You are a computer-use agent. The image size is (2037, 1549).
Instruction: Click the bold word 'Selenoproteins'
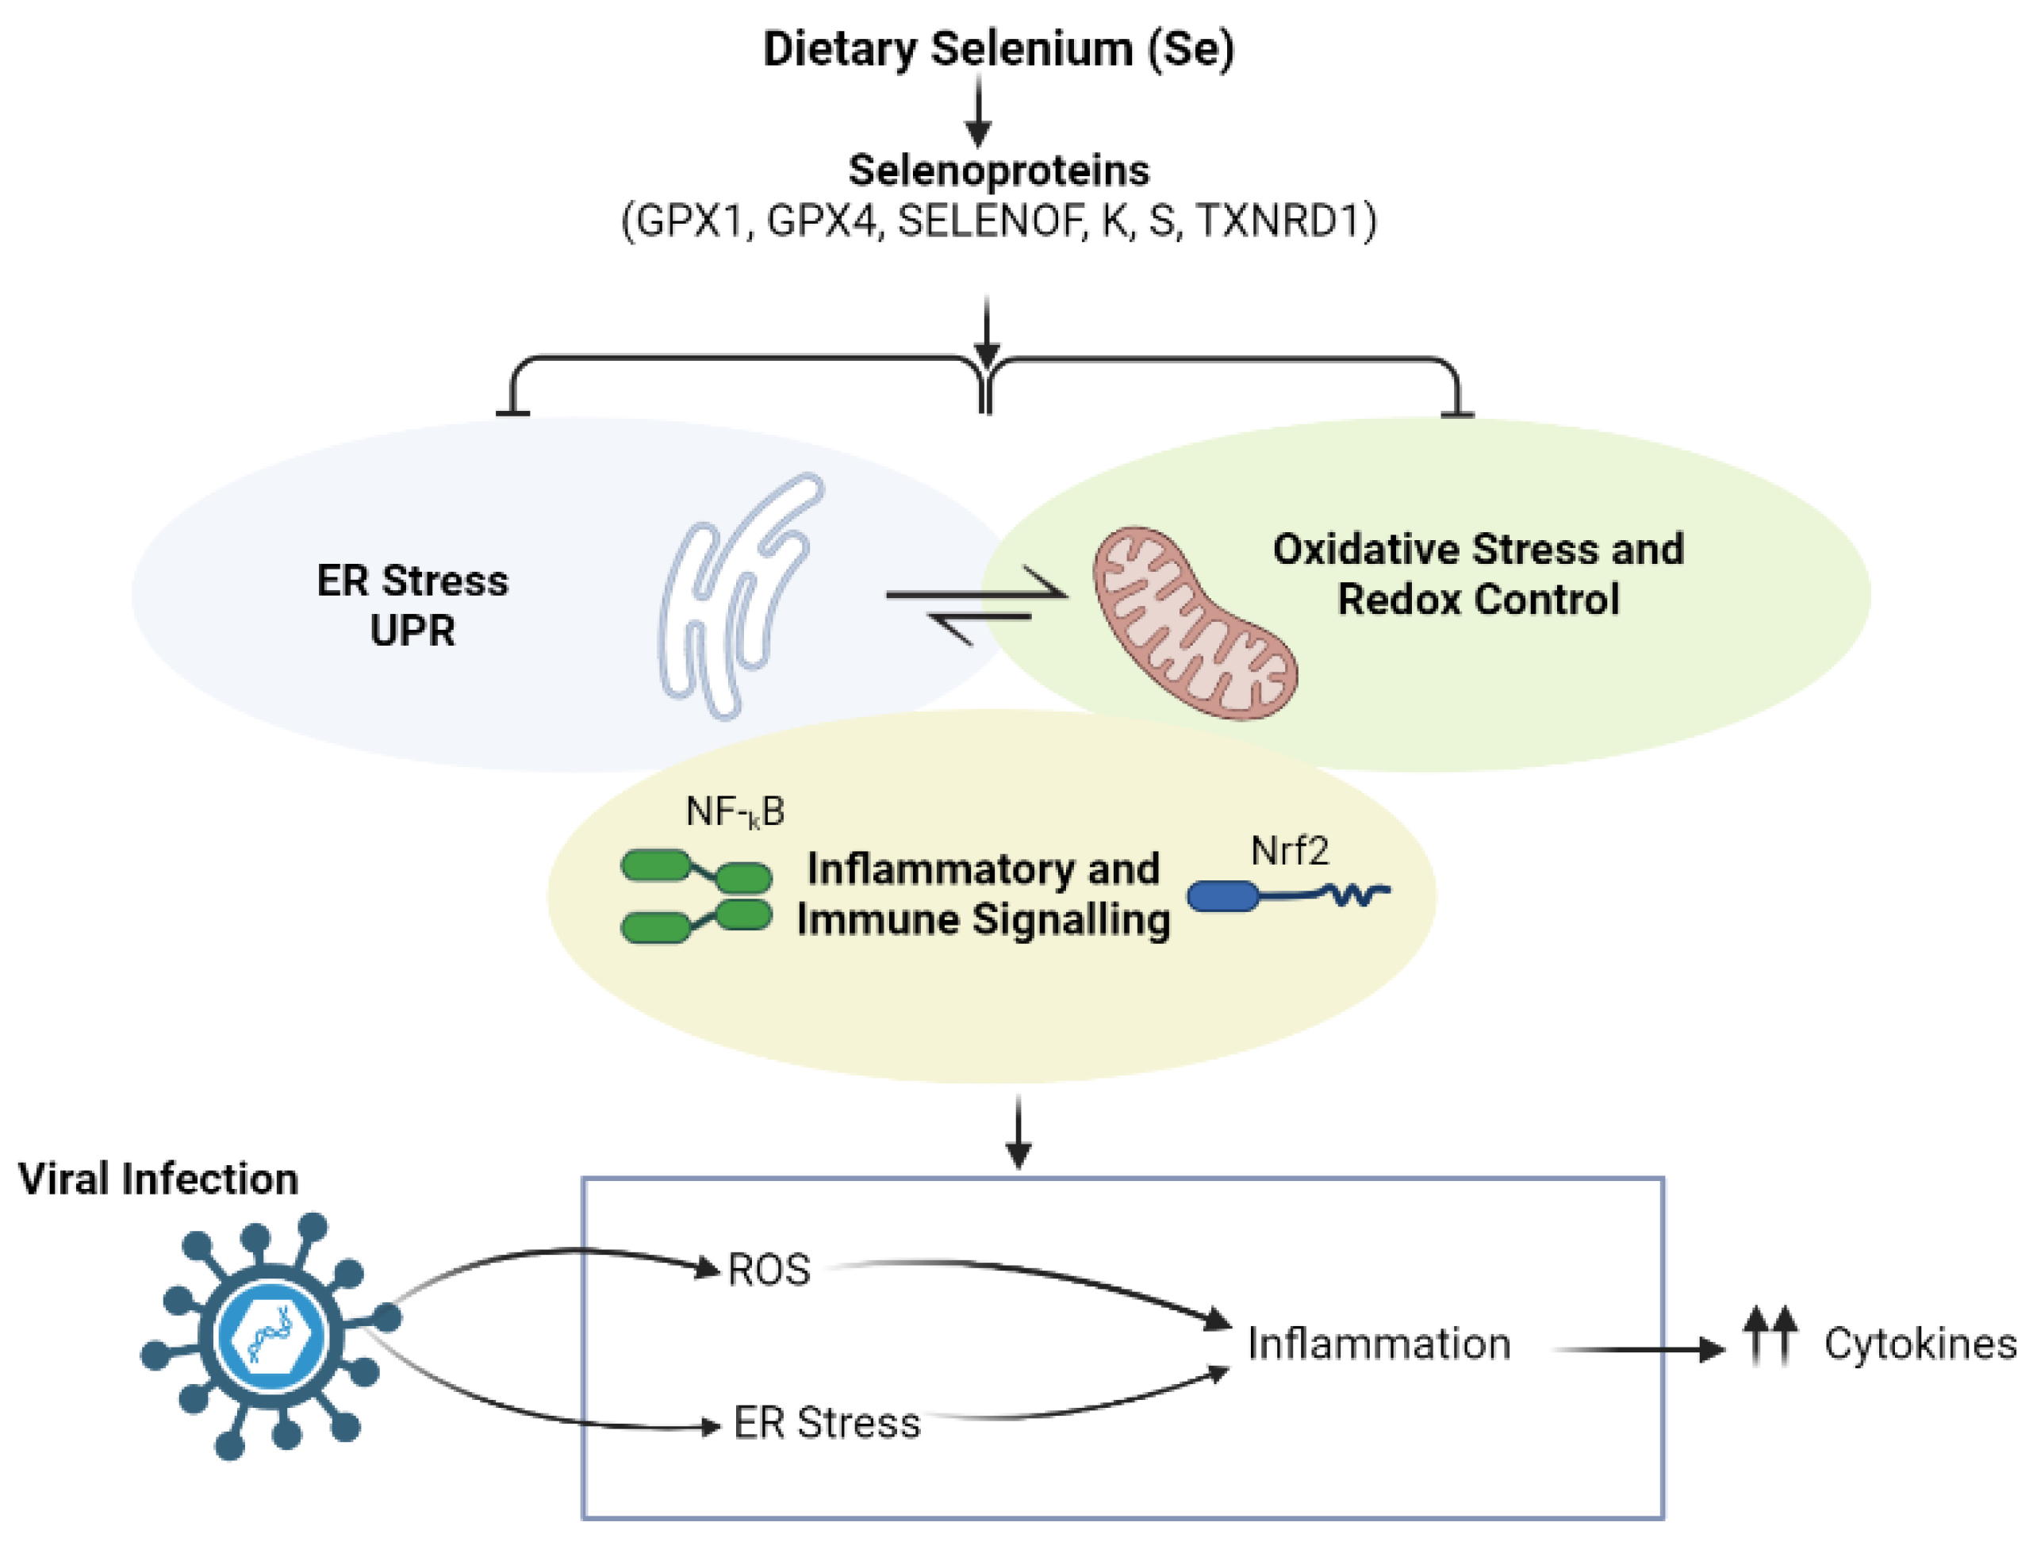pyautogui.click(x=998, y=171)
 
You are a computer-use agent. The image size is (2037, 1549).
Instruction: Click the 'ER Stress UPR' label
pyautogui.click(x=412, y=606)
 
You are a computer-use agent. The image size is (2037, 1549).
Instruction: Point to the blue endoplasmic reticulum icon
pyautogui.click(x=738, y=595)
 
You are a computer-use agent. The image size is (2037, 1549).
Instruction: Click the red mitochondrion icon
pyautogui.click(x=1195, y=623)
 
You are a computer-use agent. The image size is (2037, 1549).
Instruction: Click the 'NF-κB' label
pyautogui.click(x=735, y=811)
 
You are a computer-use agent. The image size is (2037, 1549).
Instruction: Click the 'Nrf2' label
pyautogui.click(x=1288, y=851)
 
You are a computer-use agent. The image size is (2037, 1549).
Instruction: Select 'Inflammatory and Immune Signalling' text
pyautogui.click(x=983, y=895)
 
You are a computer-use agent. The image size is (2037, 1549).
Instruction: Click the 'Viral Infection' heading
pyautogui.click(x=158, y=1179)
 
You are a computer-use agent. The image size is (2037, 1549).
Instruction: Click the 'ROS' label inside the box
pyautogui.click(x=768, y=1270)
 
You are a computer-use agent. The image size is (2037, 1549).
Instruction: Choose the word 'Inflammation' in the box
pyautogui.click(x=1379, y=1344)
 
